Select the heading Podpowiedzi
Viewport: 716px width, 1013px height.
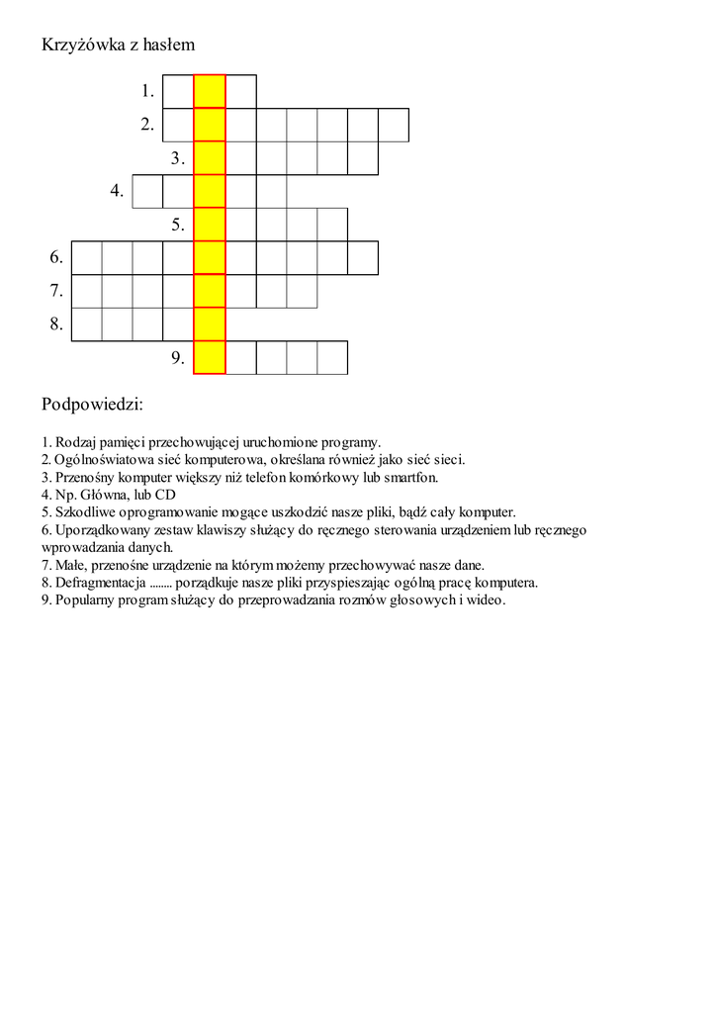coord(92,405)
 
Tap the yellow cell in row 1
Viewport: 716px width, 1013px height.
coord(210,91)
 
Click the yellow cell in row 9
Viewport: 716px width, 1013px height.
coord(210,357)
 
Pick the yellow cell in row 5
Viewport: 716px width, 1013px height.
coord(210,225)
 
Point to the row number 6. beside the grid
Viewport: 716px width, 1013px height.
coord(56,258)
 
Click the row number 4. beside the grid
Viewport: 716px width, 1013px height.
coord(117,191)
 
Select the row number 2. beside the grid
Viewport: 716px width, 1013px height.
coord(147,125)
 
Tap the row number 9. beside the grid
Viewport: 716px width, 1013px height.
coord(178,358)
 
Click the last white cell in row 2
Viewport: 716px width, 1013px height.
coord(394,125)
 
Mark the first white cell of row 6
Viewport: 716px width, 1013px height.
coord(87,257)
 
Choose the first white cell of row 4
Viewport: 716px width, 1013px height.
coord(147,191)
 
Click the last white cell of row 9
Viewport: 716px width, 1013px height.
coord(332,357)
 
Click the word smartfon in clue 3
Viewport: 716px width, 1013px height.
coord(414,477)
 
